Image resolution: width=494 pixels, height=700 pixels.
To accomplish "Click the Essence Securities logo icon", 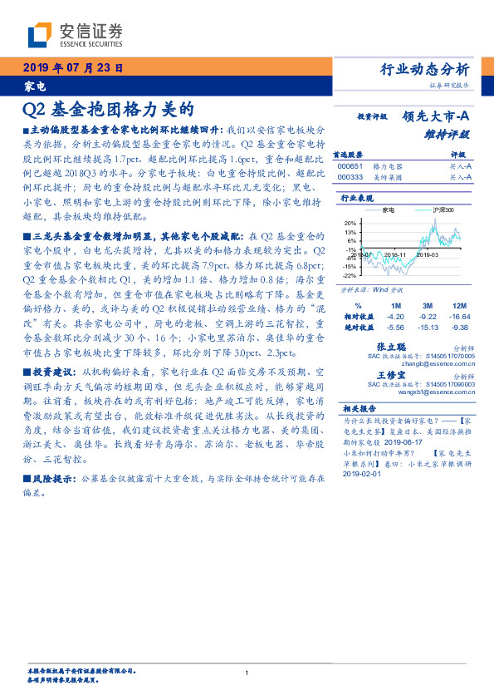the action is click(x=40, y=34).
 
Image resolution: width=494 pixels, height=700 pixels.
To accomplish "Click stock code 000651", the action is click(x=350, y=166).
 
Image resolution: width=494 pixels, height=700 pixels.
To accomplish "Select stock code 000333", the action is click(x=350, y=176).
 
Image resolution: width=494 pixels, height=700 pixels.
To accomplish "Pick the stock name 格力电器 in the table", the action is click(x=387, y=166).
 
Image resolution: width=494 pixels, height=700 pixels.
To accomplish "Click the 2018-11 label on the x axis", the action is click(x=395, y=255).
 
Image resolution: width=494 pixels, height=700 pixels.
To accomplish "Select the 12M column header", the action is click(x=459, y=307).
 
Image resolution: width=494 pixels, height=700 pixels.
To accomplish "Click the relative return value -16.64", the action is click(x=459, y=317).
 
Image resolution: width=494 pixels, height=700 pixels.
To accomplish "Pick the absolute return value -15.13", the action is click(x=428, y=327).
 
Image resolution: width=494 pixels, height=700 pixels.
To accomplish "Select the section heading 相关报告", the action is click(x=359, y=409).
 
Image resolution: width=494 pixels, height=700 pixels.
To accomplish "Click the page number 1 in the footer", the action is click(x=247, y=673).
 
